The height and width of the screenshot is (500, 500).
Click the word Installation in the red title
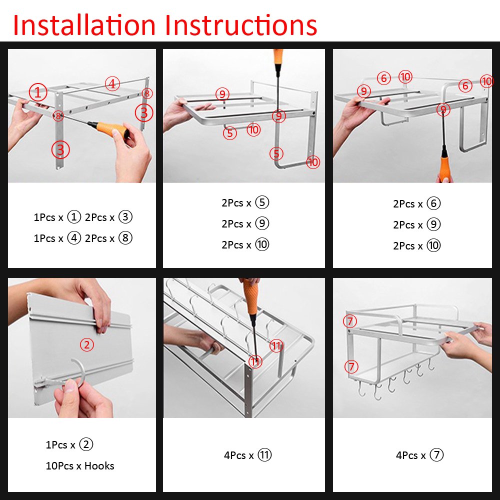(83, 25)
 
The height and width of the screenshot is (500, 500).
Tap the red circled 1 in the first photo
(38, 92)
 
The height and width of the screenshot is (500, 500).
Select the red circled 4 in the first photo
(112, 84)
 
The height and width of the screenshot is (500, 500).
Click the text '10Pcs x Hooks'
(80, 466)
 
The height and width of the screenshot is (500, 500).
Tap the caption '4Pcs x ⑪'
(247, 455)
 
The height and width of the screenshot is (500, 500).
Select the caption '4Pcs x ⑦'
(419, 455)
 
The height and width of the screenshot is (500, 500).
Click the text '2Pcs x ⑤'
(245, 203)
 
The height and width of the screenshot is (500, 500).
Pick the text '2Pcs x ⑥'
(416, 204)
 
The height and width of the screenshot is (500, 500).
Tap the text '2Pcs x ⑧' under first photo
(108, 238)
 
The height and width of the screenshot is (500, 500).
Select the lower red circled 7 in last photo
(351, 366)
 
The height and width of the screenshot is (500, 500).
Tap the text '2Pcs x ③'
(108, 217)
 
